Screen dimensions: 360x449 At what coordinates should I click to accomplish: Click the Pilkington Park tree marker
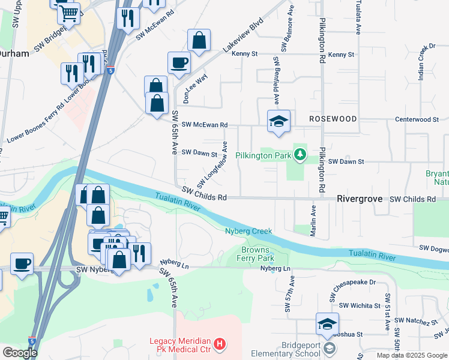coord(300,156)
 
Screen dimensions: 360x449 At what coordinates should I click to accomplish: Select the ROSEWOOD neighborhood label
coord(333,119)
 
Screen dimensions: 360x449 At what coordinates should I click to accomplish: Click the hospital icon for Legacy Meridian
coord(220,344)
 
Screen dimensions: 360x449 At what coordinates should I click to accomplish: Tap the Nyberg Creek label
coord(249,231)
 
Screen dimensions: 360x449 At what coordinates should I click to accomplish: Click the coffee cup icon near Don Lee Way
coord(179,62)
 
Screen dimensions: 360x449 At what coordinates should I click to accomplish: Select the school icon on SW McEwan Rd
coord(279,121)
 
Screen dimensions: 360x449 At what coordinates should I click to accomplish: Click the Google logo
coord(19,353)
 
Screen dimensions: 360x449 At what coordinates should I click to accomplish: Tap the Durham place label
coord(13,53)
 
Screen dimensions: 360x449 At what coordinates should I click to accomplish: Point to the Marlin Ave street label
coord(313,221)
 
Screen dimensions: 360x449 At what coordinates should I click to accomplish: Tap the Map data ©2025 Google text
coord(412,355)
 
